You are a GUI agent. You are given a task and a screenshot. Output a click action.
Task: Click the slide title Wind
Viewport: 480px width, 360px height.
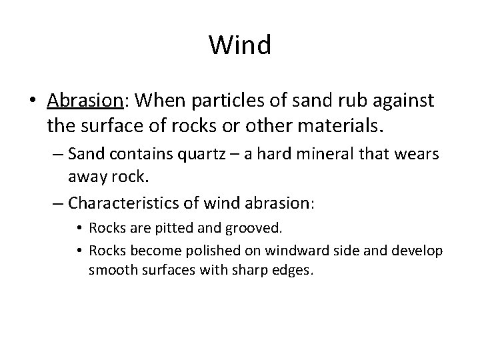click(x=240, y=45)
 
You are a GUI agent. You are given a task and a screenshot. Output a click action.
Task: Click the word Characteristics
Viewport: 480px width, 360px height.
click(x=127, y=201)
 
